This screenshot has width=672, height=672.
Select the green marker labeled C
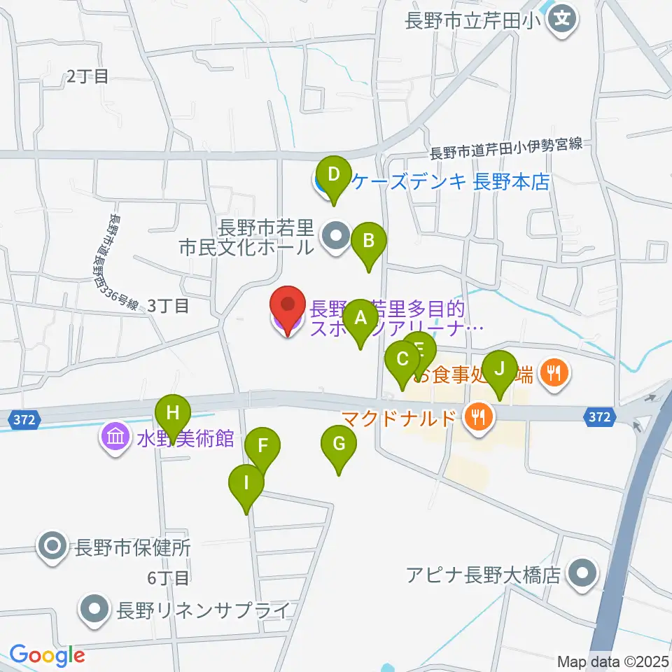pyautogui.click(x=402, y=361)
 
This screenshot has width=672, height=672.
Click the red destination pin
pyautogui.click(x=288, y=308)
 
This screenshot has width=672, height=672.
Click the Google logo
pyautogui.click(x=47, y=655)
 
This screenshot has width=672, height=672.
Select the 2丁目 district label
pyautogui.click(x=87, y=76)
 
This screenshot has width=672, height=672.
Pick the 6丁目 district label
pyautogui.click(x=169, y=578)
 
